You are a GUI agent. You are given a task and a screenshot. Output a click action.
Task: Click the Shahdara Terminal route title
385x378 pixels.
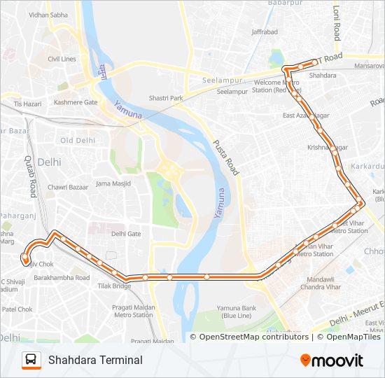tap(95, 360)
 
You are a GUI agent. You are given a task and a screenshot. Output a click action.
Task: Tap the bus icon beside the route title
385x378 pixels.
tap(31, 360)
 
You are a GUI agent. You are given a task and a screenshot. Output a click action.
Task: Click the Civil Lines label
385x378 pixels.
tap(62, 59)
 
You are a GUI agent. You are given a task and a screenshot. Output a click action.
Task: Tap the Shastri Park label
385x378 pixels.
tap(165, 98)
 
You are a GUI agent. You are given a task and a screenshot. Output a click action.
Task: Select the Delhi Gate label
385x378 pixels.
tap(126, 234)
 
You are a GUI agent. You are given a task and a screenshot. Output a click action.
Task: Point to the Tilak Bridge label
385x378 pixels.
tap(113, 286)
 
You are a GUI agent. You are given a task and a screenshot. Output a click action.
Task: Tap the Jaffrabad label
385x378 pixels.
tap(265, 32)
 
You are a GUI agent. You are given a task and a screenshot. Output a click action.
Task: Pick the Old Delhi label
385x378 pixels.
tap(77, 140)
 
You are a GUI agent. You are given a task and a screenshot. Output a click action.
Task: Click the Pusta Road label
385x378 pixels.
tap(225, 155)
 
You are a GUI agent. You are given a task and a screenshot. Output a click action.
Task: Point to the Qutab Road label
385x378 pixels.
tap(31, 176)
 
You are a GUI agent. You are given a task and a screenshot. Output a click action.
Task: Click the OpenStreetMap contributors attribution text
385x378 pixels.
tap(254, 337)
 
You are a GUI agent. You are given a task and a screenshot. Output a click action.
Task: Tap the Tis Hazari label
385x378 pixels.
tap(28, 104)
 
